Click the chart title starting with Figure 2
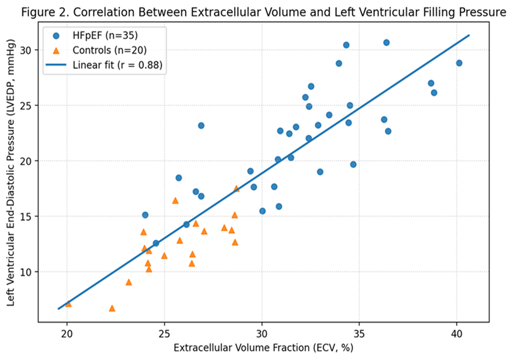click(x=264, y=12)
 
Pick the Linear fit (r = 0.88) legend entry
click(x=104, y=65)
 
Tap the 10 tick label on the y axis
click(x=26, y=271)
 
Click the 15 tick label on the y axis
click(x=26, y=216)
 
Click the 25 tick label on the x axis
click(x=164, y=334)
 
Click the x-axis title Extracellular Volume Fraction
click(x=263, y=348)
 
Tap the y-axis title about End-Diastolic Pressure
click(x=10, y=172)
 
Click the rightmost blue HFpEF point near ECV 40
click(x=459, y=63)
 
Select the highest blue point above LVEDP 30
click(x=386, y=43)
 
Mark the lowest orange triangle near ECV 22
click(x=112, y=308)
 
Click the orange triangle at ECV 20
click(x=68, y=304)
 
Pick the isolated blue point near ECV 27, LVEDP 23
click(x=201, y=125)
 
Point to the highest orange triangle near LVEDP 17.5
click(x=237, y=189)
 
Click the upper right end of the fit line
click(x=469, y=35)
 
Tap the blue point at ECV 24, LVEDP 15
click(x=145, y=215)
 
